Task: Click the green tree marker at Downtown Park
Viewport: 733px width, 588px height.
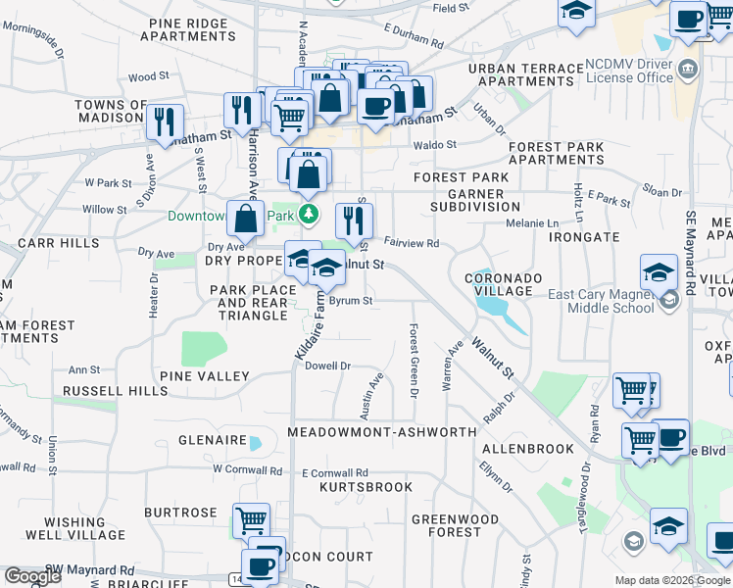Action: click(310, 213)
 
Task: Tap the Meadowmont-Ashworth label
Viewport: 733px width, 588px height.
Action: click(382, 432)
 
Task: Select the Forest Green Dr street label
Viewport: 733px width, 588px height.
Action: click(414, 361)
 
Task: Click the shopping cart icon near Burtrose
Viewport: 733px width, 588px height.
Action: click(252, 520)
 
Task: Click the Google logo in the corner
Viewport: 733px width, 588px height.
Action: click(31, 576)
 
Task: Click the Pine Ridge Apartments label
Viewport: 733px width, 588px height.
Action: click(188, 28)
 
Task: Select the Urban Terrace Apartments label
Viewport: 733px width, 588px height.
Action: click(525, 74)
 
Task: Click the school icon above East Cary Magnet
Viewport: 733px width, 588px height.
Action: click(659, 271)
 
